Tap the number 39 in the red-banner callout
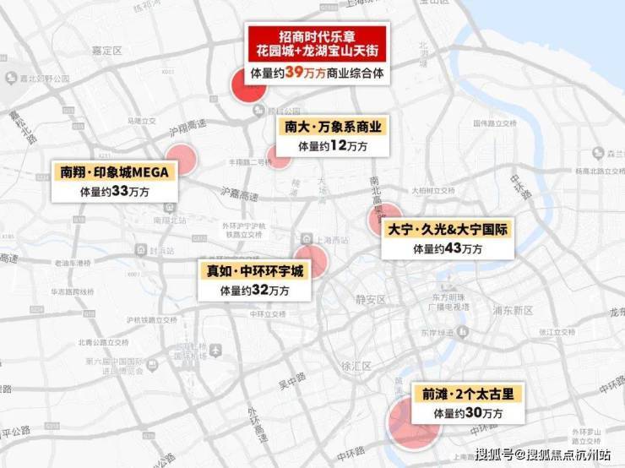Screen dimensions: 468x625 294,73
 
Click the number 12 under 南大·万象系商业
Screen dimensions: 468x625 337,146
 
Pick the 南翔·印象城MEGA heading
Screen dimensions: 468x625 113,172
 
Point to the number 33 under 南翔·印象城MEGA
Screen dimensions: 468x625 120,192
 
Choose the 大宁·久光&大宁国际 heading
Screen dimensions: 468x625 447,229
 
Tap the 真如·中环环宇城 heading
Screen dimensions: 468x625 253,271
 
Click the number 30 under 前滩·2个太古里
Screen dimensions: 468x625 475,413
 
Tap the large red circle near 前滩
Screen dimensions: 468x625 413,422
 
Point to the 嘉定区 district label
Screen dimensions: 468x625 107,52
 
